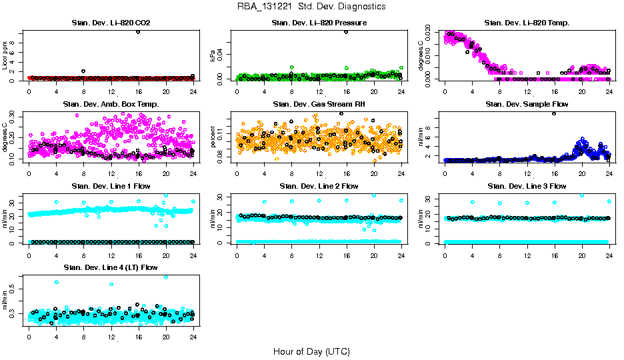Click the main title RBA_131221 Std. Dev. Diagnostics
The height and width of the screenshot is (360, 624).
click(311, 7)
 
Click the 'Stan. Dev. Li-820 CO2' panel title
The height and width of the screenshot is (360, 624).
click(111, 23)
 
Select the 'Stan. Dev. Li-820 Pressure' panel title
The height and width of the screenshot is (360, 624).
click(319, 23)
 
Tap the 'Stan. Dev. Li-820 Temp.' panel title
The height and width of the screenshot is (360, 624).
click(527, 23)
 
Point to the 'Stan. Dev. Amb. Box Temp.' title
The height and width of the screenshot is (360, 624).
click(111, 105)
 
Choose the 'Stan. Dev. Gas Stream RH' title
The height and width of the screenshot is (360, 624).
click(319, 105)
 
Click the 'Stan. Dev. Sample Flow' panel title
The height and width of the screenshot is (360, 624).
click(527, 105)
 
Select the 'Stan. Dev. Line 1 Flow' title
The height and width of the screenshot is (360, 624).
click(111, 186)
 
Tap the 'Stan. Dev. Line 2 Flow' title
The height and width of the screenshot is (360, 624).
click(319, 186)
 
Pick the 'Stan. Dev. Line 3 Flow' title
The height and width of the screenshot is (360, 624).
click(527, 186)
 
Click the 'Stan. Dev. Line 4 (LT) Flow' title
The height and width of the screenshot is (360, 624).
click(111, 267)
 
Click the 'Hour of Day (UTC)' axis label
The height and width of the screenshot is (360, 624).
click(311, 351)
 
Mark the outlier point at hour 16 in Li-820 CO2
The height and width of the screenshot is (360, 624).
click(138, 31)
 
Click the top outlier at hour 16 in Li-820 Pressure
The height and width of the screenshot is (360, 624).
click(346, 31)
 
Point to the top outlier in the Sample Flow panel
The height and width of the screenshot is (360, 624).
click(554, 113)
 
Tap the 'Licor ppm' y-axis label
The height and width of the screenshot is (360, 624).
click(5, 56)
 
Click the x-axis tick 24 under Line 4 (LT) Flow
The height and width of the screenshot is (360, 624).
click(193, 337)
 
